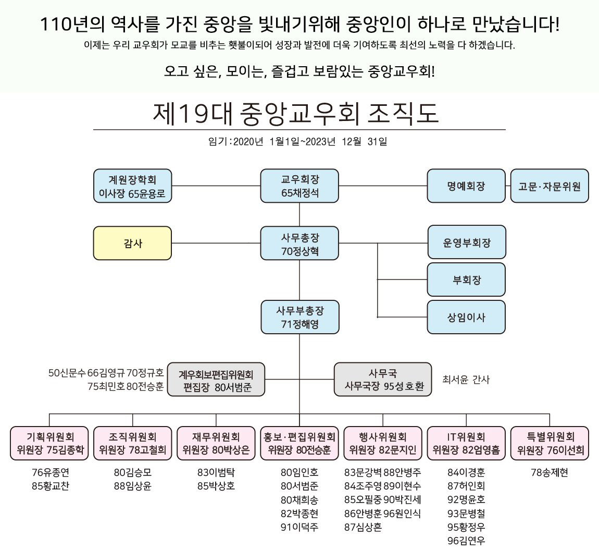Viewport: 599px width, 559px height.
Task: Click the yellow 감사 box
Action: [x=132, y=243]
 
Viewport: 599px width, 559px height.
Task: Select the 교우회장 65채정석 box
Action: [x=299, y=186]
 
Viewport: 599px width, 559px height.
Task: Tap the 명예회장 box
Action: [x=466, y=186]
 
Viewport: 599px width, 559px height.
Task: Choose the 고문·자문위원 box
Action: [x=550, y=186]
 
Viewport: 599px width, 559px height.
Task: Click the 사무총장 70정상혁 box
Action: [x=299, y=244]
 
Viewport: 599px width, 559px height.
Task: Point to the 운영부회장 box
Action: [x=466, y=242]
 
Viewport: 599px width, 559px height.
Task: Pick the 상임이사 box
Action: [x=466, y=317]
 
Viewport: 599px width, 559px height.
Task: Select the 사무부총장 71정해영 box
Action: [x=299, y=317]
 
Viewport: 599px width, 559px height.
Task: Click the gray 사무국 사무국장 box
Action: [x=383, y=380]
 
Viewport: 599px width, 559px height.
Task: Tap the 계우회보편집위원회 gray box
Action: [x=216, y=380]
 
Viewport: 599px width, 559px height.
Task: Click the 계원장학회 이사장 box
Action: [x=132, y=186]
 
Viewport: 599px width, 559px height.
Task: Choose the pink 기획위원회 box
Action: [x=49, y=443]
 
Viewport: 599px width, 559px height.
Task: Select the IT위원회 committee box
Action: [x=466, y=443]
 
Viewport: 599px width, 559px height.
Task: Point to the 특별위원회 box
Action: [x=550, y=443]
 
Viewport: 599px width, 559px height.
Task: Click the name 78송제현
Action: [x=550, y=473]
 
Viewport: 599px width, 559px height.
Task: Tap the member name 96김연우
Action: [x=466, y=541]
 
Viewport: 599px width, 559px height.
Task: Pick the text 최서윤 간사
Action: [x=466, y=380]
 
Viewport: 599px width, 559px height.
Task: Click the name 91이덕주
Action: [x=299, y=527]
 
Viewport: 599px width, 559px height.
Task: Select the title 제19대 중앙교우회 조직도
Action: [x=295, y=113]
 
